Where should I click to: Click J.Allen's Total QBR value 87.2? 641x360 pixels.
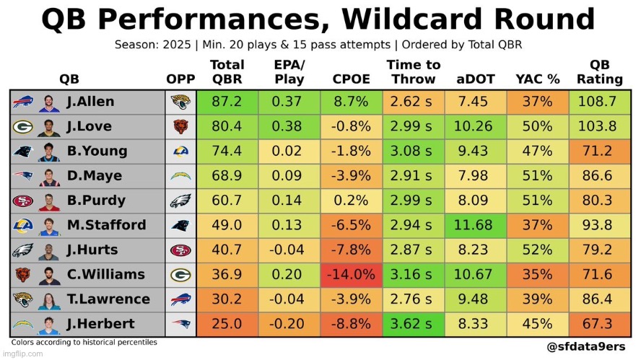[227, 102]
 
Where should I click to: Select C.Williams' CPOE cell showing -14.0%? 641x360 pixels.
[352, 274]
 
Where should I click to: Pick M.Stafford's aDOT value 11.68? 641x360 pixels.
[475, 225]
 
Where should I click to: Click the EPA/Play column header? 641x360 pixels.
[289, 72]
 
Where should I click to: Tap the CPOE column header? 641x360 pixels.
[352, 79]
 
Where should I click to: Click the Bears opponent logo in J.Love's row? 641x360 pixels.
[180, 127]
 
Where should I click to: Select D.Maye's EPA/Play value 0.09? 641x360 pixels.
[289, 176]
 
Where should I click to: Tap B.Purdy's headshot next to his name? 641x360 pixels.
[49, 201]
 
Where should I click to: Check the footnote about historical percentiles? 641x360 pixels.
[84, 342]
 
